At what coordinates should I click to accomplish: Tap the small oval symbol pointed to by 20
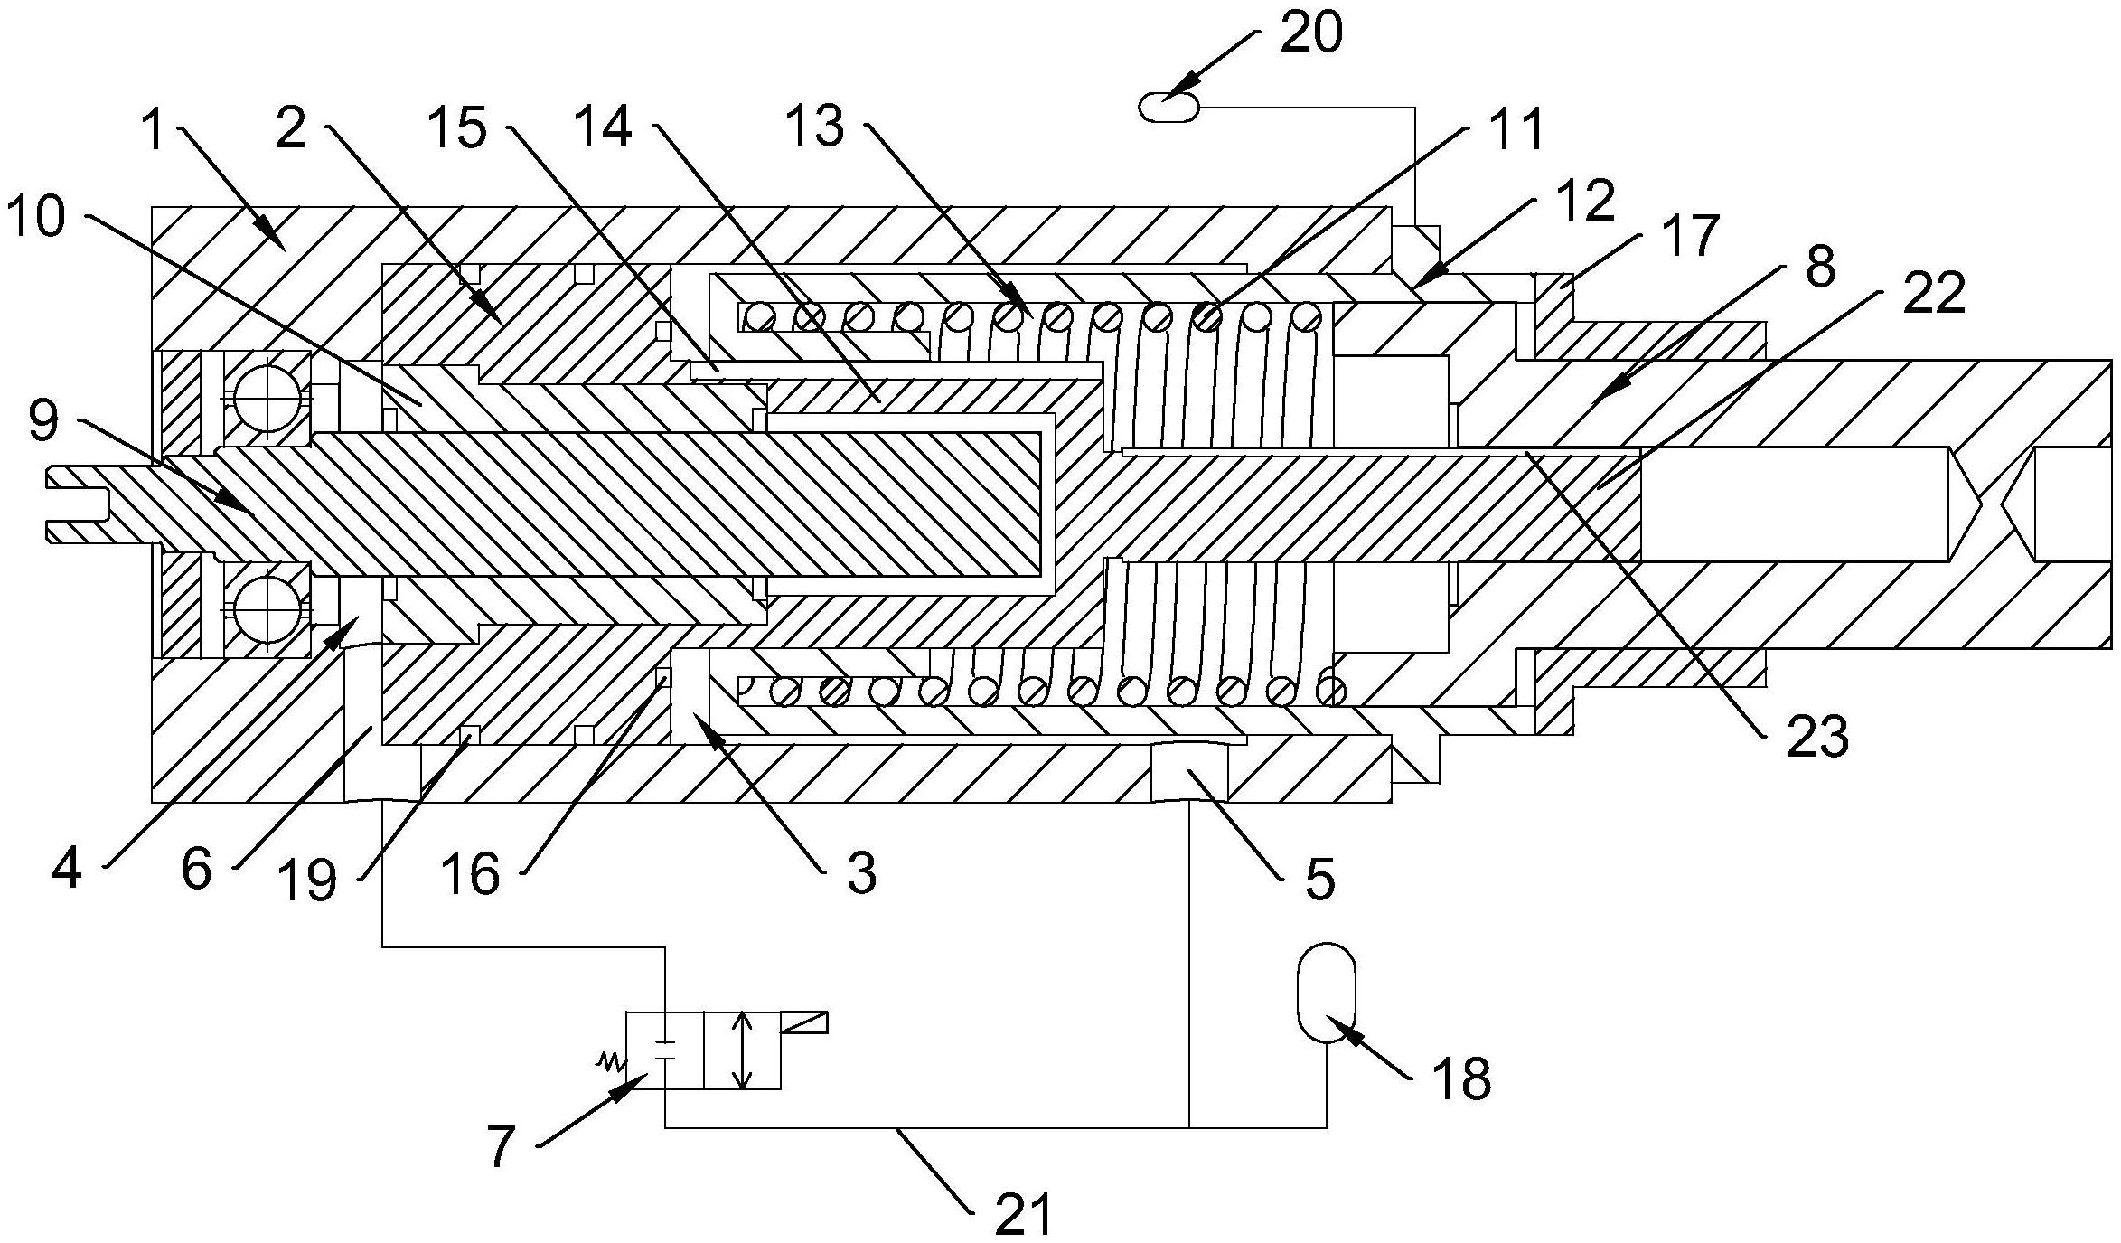point(1169,108)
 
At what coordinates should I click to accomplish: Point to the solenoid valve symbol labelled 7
point(704,1050)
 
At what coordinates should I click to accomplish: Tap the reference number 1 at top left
point(155,131)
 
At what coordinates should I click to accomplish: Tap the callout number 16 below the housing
point(471,872)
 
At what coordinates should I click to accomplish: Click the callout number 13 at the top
point(816,126)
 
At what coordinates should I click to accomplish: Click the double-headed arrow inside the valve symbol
point(743,1050)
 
